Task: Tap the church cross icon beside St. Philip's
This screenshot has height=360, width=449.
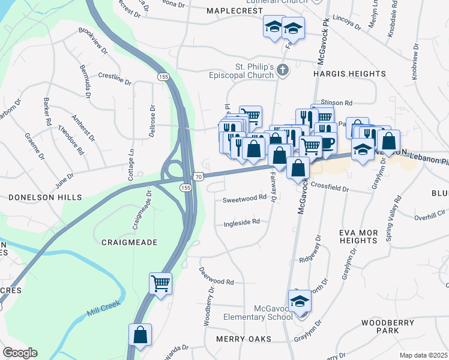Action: point(283,71)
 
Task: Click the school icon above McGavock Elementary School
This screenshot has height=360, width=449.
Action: point(300,301)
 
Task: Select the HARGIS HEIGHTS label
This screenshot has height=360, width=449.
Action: point(349,74)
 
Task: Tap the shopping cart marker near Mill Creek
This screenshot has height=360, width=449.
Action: point(161,283)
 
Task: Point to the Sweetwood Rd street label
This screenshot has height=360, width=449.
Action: point(244,198)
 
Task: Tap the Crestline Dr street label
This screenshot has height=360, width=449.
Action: point(115,78)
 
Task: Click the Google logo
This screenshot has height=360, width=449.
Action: point(20,353)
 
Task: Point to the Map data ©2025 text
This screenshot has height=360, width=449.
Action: point(423,355)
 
